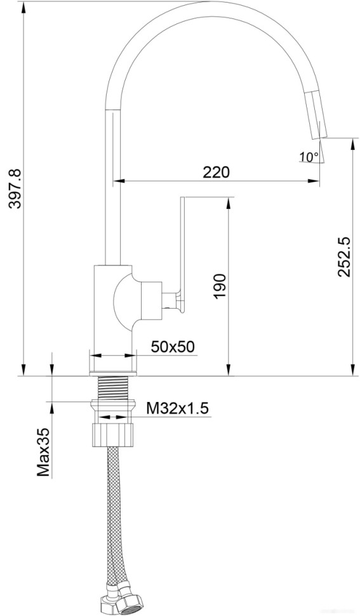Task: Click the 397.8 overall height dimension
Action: coord(15,189)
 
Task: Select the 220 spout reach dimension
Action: coord(216,172)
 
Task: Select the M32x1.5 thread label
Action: coord(177,408)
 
